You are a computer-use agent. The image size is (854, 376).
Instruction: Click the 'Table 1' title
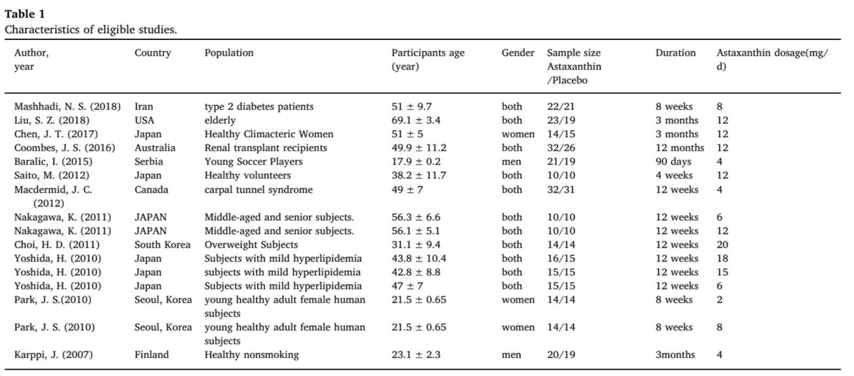click(25, 14)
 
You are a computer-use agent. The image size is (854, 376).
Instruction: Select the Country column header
click(153, 53)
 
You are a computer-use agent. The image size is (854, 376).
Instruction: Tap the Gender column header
click(518, 53)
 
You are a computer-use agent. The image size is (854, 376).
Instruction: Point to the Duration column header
click(676, 53)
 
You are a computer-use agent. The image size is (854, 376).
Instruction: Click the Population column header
click(229, 53)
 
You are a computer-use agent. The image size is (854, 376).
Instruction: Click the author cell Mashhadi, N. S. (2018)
click(67, 107)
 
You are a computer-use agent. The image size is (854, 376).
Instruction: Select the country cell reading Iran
click(144, 107)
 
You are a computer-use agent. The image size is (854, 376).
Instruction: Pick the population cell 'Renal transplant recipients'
click(266, 148)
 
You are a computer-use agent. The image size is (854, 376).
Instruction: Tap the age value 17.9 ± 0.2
click(416, 162)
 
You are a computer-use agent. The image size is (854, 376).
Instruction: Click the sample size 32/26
click(561, 148)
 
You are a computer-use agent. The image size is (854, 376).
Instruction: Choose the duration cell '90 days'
click(673, 162)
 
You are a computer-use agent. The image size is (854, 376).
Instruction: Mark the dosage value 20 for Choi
click(723, 245)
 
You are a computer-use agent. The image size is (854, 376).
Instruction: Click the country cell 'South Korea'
click(162, 245)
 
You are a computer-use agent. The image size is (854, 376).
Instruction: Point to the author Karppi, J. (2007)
click(53, 355)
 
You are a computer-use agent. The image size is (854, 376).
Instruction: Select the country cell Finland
click(152, 355)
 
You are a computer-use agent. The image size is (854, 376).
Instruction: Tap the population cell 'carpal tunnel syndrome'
click(258, 190)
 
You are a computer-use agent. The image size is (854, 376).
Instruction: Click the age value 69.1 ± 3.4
click(416, 121)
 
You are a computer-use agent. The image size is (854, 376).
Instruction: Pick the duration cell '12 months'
click(680, 148)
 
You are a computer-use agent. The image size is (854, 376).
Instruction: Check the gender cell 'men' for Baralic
click(511, 162)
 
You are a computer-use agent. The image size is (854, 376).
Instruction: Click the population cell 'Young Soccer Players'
click(254, 162)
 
